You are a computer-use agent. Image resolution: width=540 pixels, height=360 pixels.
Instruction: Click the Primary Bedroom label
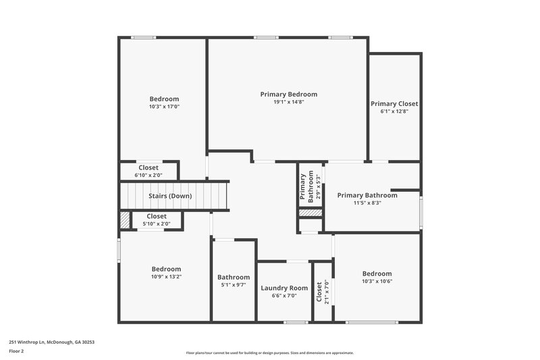pyautogui.click(x=288, y=94)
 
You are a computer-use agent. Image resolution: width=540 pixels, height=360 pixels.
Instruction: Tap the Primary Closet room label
pyautogui.click(x=394, y=103)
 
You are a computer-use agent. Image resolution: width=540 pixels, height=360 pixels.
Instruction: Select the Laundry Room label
pyautogui.click(x=284, y=288)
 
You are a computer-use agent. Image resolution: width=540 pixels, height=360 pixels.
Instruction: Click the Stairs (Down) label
pyautogui.click(x=170, y=196)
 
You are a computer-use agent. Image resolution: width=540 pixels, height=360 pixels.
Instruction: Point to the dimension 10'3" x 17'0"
pyautogui.click(x=164, y=107)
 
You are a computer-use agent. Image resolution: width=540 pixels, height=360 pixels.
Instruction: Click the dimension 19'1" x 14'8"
pyautogui.click(x=289, y=102)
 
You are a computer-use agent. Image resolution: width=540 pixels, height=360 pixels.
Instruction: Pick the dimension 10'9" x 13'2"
pyautogui.click(x=166, y=276)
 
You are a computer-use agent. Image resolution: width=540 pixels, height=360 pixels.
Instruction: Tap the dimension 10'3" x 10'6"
pyautogui.click(x=377, y=282)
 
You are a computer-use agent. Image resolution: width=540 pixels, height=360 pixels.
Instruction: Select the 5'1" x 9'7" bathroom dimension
pyautogui.click(x=234, y=285)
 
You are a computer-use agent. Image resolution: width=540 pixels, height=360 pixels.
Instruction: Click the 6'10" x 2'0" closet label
pyautogui.click(x=148, y=175)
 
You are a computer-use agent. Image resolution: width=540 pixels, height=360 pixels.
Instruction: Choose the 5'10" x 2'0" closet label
pyautogui.click(x=156, y=224)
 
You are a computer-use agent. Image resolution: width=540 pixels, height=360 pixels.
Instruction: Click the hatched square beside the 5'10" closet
pyautogui.click(x=125, y=220)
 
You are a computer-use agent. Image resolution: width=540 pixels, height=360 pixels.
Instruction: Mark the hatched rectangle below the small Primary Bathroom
pyautogui.click(x=311, y=213)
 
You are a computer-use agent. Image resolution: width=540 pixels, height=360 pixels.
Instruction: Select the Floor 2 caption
pyautogui.click(x=17, y=351)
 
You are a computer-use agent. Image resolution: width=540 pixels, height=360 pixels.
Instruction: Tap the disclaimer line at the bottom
pyautogui.click(x=270, y=353)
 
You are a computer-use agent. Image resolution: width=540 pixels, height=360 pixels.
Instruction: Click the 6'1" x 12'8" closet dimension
pyautogui.click(x=394, y=111)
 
